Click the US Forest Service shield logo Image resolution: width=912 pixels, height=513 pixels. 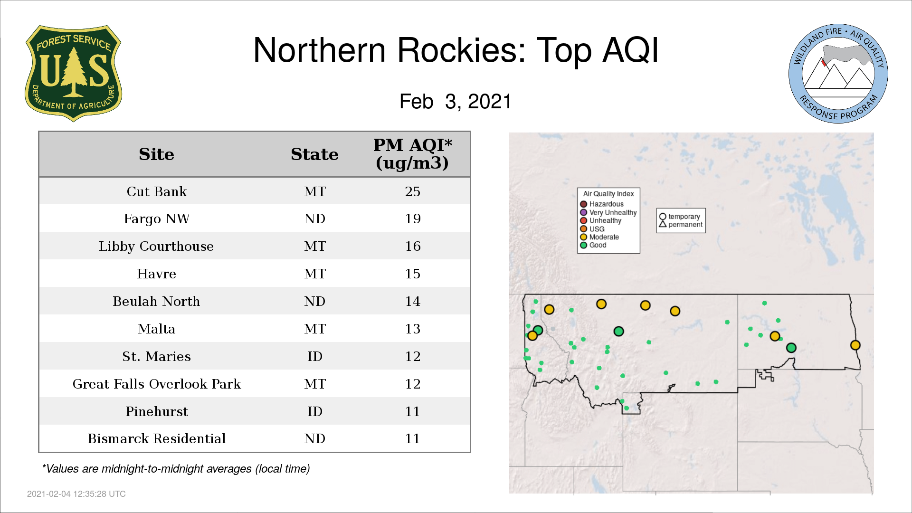tap(73, 73)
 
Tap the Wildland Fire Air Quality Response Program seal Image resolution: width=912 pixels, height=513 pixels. tap(838, 74)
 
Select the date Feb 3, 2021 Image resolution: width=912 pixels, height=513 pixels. tap(456, 101)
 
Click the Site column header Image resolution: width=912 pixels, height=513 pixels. tap(156, 154)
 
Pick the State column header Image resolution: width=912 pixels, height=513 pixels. tap(314, 154)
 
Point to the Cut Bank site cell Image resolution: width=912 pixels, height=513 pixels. tap(157, 191)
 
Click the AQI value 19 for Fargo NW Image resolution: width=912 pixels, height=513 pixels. tap(412, 218)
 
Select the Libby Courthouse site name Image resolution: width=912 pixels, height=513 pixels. tap(156, 246)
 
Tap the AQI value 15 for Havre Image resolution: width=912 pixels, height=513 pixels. tap(412, 274)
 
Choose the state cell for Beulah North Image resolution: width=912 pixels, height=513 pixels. tap(314, 301)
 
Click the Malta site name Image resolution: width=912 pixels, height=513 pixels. tap(157, 329)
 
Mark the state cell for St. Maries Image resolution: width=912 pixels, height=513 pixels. tap(314, 356)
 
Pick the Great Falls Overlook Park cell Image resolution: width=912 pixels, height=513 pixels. tap(157, 384)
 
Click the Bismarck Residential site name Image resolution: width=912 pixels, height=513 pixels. tap(157, 438)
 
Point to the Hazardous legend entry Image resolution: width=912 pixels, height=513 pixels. tap(602, 204)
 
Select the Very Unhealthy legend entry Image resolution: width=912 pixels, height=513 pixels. tap(608, 212)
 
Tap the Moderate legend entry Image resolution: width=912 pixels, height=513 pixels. tap(599, 237)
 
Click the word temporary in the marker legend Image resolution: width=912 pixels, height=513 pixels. tap(684, 217)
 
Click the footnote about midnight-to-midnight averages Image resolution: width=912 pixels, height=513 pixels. tap(176, 469)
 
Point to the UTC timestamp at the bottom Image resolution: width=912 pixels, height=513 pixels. tap(76, 494)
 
